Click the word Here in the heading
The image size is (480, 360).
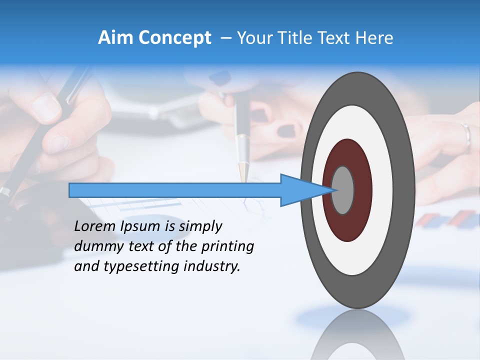point(374,38)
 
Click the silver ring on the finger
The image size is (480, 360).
point(466,136)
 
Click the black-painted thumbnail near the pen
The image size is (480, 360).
point(286,131)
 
